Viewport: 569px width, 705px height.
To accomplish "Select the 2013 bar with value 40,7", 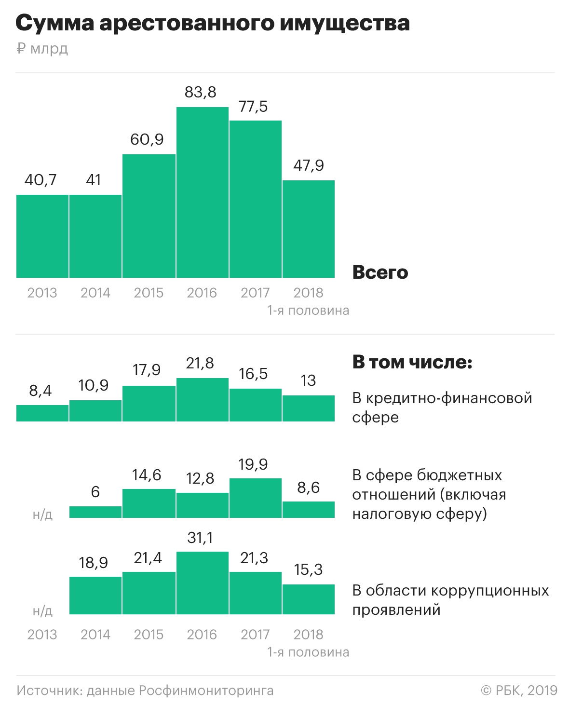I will tap(42, 236).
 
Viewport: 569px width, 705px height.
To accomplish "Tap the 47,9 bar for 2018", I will tap(309, 229).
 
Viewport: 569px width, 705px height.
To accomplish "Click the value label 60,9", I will tap(147, 139).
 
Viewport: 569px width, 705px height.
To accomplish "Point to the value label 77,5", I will tap(254, 106).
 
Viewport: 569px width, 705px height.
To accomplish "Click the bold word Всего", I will tap(380, 272).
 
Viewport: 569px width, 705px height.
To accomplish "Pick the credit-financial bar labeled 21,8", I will tap(202, 400).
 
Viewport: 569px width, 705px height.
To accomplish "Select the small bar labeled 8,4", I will tap(42, 413).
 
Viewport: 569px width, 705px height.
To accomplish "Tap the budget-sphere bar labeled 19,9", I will tap(255, 498).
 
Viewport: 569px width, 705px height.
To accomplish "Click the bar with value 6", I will tap(95, 512).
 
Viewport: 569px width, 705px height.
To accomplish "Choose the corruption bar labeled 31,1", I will tap(202, 583).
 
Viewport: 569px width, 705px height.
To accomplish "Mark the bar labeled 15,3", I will tap(309, 599).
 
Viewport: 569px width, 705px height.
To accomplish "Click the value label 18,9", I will tap(94, 563).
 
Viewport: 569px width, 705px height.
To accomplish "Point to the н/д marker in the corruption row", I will tap(42, 611).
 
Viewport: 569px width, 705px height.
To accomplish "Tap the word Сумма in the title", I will tap(54, 23).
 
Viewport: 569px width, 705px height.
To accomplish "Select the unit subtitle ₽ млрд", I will tap(42, 49).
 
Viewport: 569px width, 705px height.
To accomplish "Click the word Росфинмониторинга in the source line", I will tap(206, 691).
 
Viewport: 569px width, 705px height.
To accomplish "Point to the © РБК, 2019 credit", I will tap(519, 691).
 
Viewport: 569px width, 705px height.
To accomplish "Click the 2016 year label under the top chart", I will tap(202, 293).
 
